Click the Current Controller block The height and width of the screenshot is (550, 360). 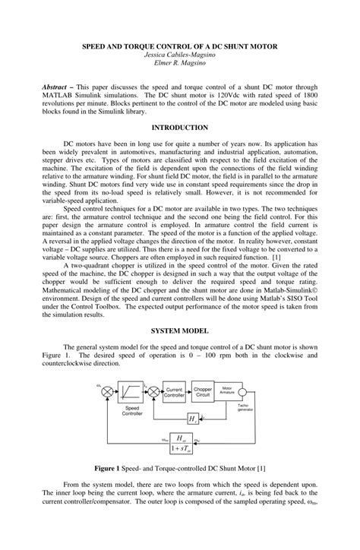coord(175,392)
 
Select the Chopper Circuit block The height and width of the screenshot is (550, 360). coord(203,392)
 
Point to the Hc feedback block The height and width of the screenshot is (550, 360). coord(194,419)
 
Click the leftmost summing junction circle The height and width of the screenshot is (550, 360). coord(108,392)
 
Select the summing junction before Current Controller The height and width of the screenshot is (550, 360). coord(154,392)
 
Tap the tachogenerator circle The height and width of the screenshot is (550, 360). coord(242,392)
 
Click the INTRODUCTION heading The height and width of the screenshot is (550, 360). coord(179,128)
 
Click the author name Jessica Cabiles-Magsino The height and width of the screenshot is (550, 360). coord(180,55)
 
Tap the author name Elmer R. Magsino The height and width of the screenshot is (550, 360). coord(180,65)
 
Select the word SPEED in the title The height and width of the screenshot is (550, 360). coord(96,46)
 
